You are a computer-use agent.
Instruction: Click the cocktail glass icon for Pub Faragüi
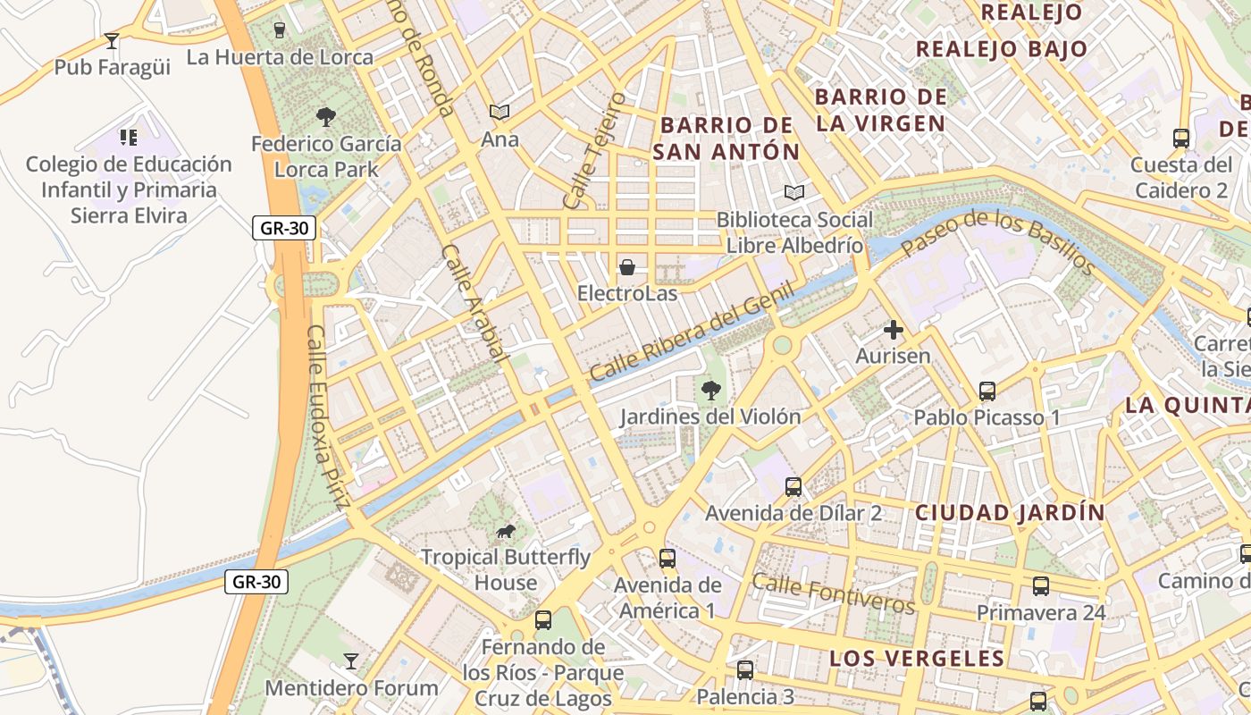pyautogui.click(x=112, y=40)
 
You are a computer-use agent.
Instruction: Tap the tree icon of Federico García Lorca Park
pyautogui.click(x=326, y=115)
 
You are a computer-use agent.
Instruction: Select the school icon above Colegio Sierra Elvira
pyautogui.click(x=129, y=137)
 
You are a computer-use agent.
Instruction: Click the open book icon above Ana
pyautogui.click(x=500, y=112)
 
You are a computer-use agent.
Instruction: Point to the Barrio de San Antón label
pyautogui.click(x=726, y=139)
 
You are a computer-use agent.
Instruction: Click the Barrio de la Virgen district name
pyautogui.click(x=880, y=110)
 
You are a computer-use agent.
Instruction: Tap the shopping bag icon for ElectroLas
pyautogui.click(x=627, y=266)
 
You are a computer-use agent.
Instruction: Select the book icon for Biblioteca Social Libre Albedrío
pyautogui.click(x=794, y=192)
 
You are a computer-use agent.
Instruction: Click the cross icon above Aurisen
pyautogui.click(x=893, y=330)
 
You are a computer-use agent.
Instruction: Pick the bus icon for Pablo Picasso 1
pyautogui.click(x=987, y=391)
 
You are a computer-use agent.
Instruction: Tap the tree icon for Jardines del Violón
pyautogui.click(x=711, y=390)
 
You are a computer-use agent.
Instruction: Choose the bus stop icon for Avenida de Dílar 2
pyautogui.click(x=793, y=486)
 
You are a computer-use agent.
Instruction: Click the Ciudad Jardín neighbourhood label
pyautogui.click(x=1010, y=513)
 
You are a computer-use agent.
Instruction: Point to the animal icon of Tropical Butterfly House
pyautogui.click(x=506, y=532)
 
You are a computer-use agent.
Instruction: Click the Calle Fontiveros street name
pyautogui.click(x=833, y=594)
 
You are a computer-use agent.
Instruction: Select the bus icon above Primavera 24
pyautogui.click(x=1041, y=586)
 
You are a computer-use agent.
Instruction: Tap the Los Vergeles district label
pyautogui.click(x=917, y=659)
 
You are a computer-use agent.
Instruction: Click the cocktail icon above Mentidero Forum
pyautogui.click(x=351, y=661)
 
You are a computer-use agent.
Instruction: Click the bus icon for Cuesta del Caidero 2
pyautogui.click(x=1181, y=138)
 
